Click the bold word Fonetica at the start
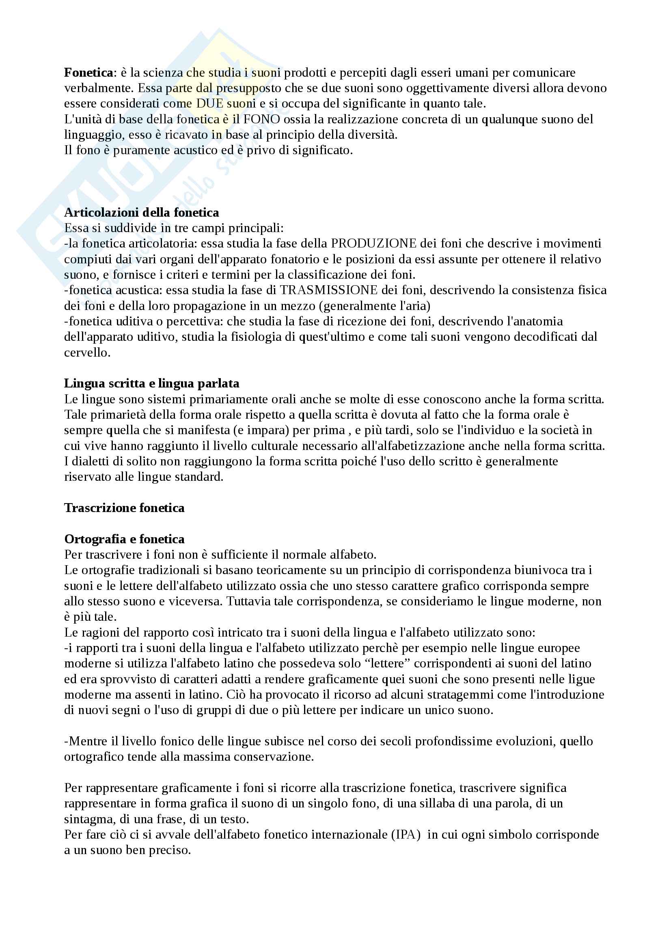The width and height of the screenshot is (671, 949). (88, 73)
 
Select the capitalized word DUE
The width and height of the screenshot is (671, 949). (209, 104)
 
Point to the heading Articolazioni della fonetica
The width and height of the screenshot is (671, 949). (141, 213)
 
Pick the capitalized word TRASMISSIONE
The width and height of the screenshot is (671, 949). (329, 290)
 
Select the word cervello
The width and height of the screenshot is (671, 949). (87, 353)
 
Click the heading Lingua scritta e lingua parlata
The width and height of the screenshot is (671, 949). (151, 383)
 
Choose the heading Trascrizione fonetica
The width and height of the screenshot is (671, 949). (124, 508)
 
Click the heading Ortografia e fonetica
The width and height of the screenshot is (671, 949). (124, 539)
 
